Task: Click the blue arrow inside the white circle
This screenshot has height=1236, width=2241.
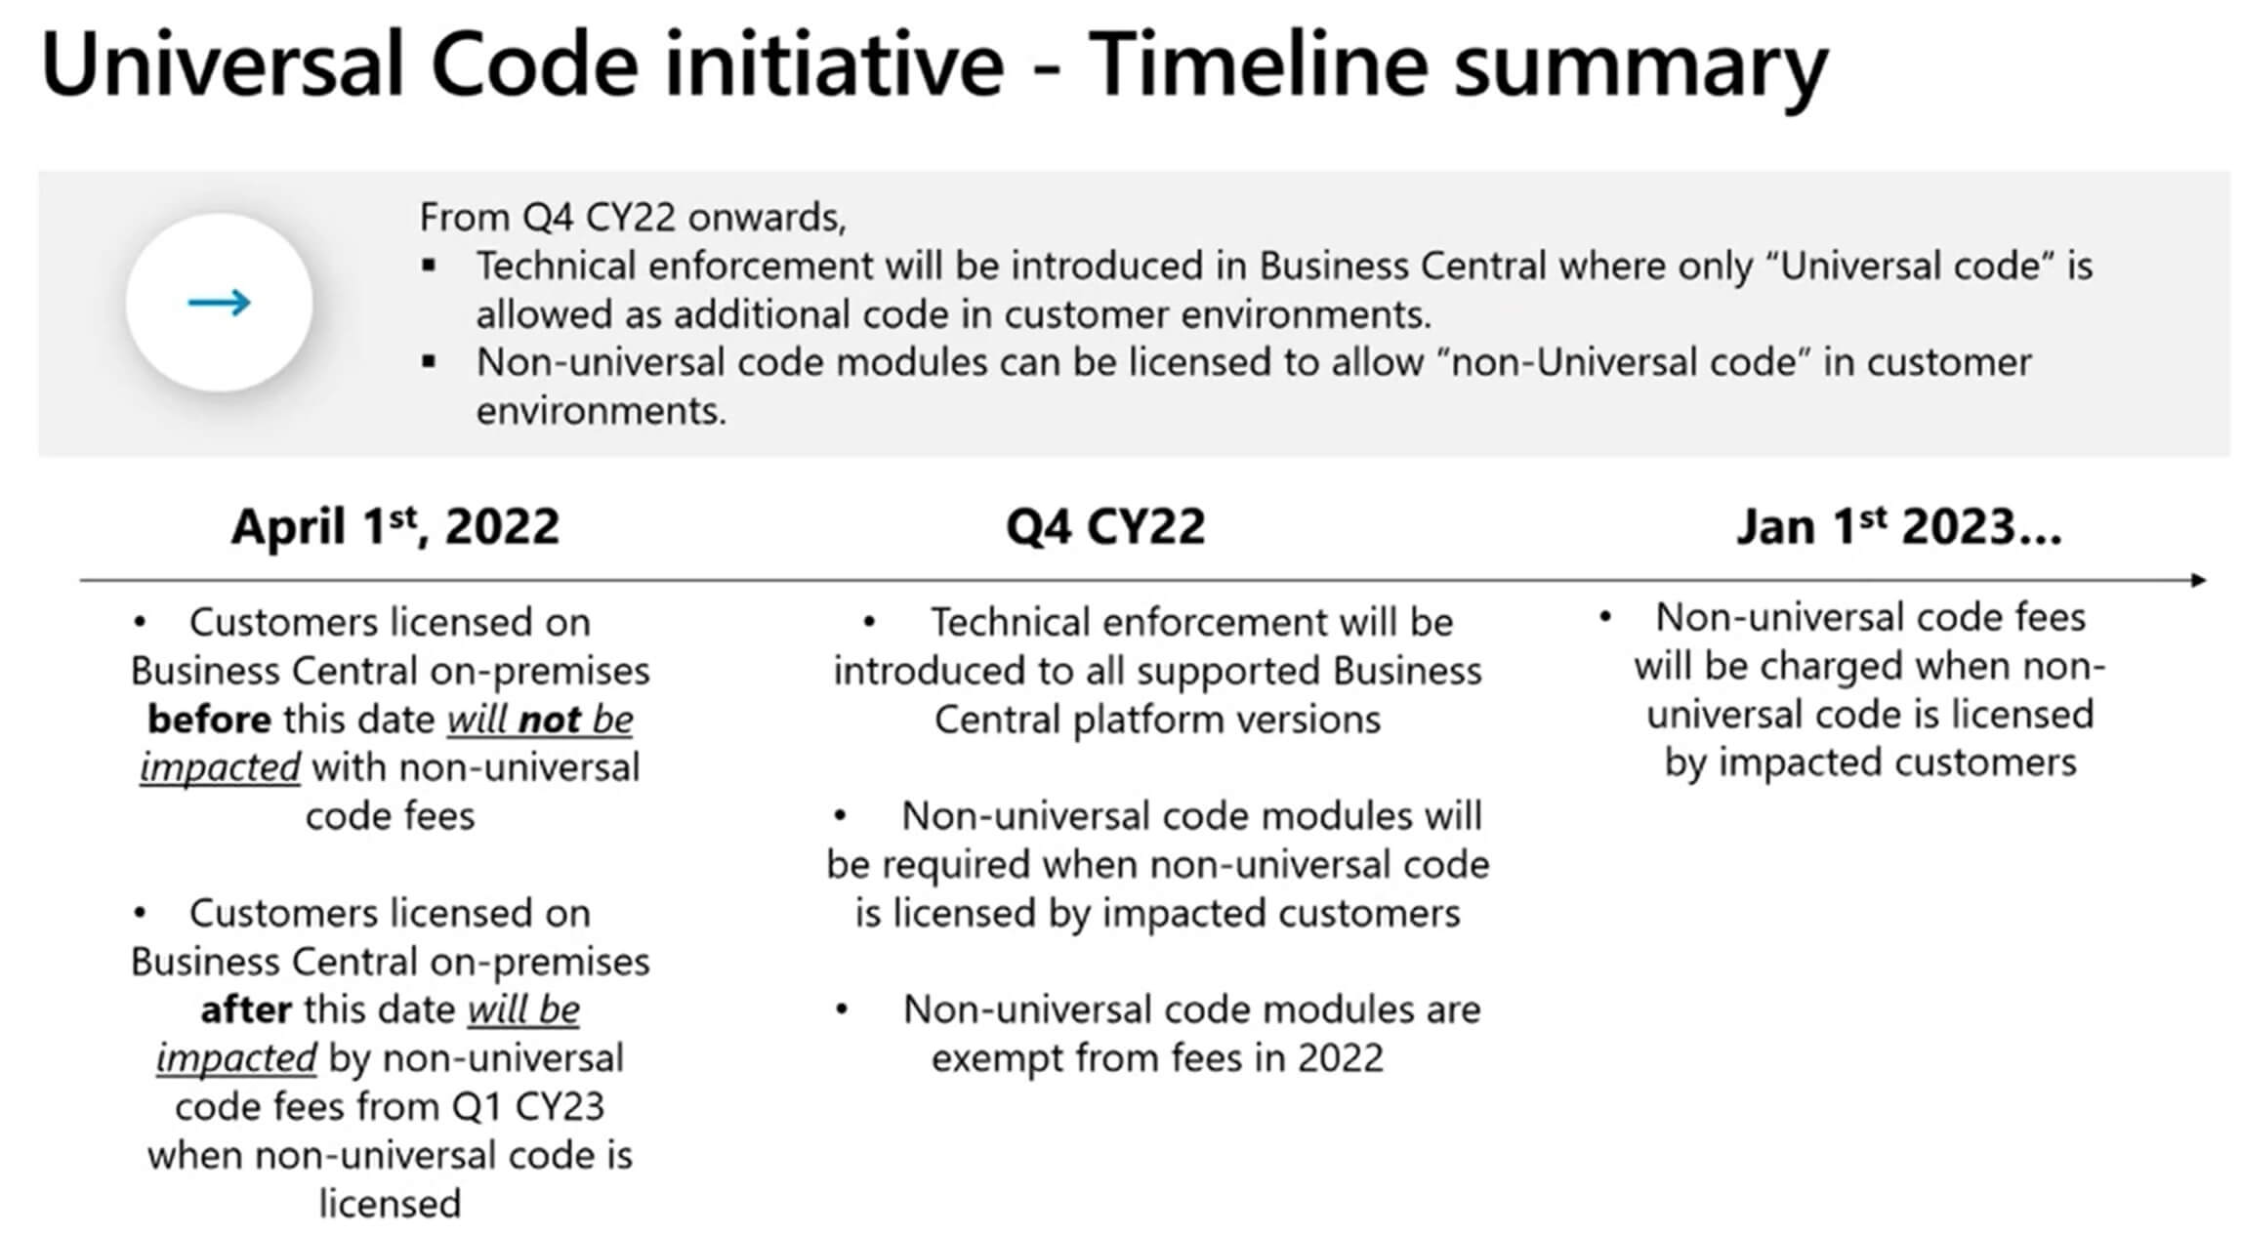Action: pyautogui.click(x=219, y=302)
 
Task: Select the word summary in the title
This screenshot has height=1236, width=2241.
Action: pyautogui.click(x=1640, y=70)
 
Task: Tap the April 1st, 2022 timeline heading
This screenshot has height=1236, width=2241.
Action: pyautogui.click(x=394, y=526)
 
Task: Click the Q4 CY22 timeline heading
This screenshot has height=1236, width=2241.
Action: pyautogui.click(x=1105, y=527)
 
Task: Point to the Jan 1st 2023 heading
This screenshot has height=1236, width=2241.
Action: pyautogui.click(x=1898, y=526)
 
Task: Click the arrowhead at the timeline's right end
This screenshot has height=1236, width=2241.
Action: pyautogui.click(x=2198, y=580)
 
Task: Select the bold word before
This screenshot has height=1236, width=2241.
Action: pyautogui.click(x=209, y=720)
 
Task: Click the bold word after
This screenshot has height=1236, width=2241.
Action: pyautogui.click(x=246, y=1009)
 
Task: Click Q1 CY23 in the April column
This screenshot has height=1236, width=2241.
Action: pyautogui.click(x=527, y=1107)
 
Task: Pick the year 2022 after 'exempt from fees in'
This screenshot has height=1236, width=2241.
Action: pyautogui.click(x=1341, y=1058)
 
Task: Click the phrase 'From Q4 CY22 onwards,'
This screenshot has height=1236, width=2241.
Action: pyautogui.click(x=633, y=217)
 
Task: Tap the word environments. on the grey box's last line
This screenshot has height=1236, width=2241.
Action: pyautogui.click(x=602, y=411)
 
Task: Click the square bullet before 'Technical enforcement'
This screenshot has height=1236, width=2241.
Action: pyautogui.click(x=429, y=265)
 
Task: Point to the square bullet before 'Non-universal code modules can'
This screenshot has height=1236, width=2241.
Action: pyautogui.click(x=429, y=361)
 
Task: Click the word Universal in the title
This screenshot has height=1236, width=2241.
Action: pyautogui.click(x=223, y=63)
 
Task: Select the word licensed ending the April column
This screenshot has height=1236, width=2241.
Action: pyautogui.click(x=390, y=1204)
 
